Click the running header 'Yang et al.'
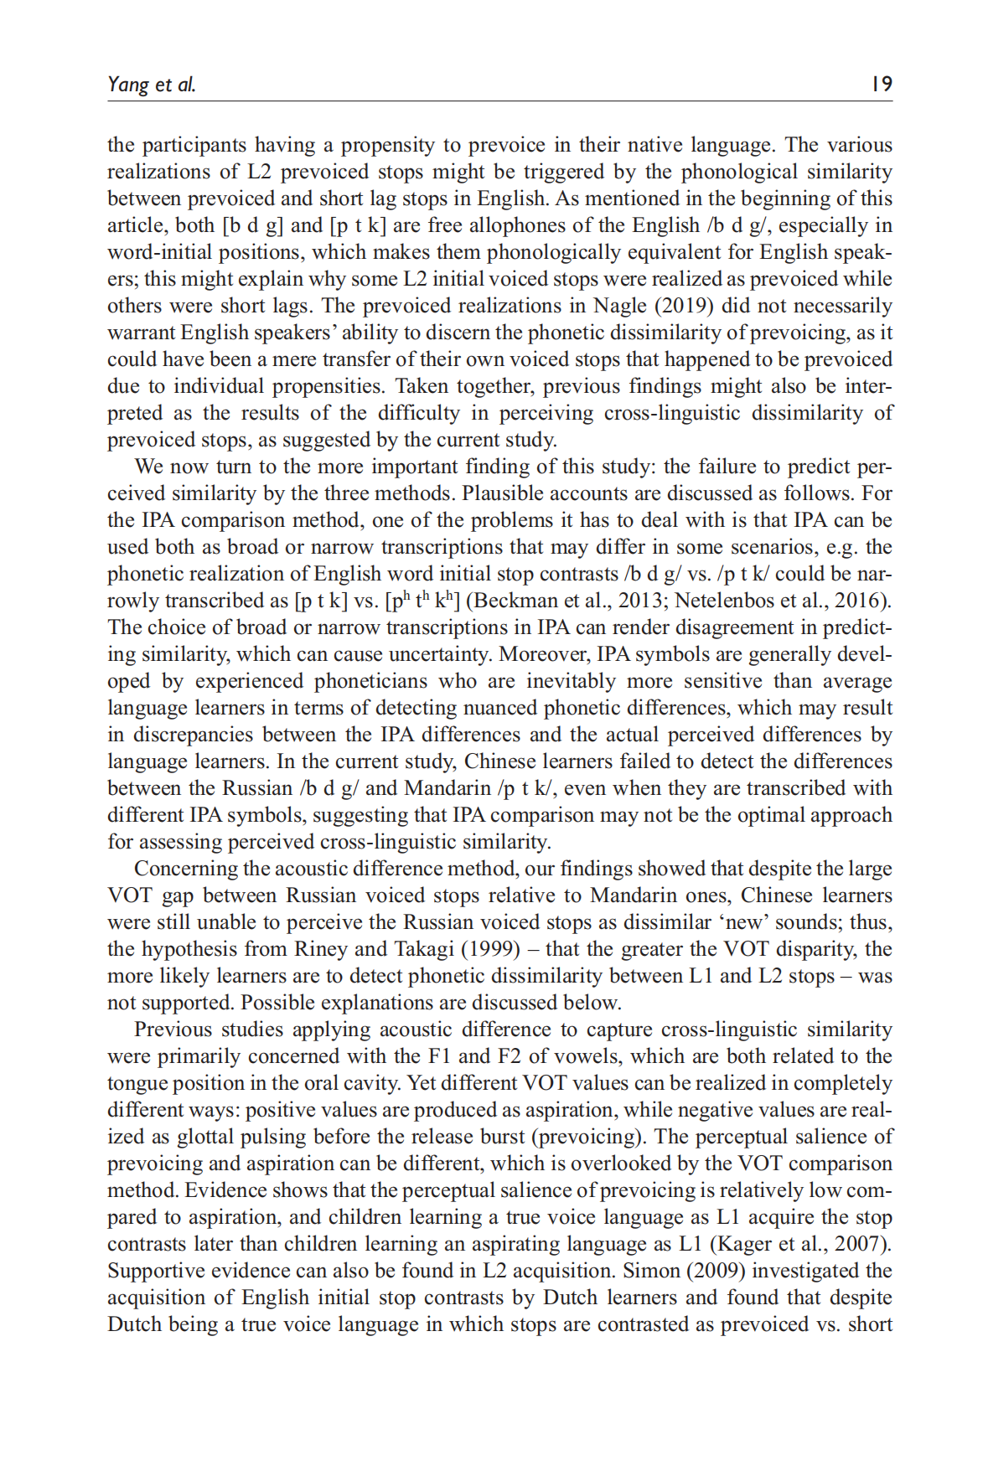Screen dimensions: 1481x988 point(152,84)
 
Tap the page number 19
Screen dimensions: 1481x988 point(882,84)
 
